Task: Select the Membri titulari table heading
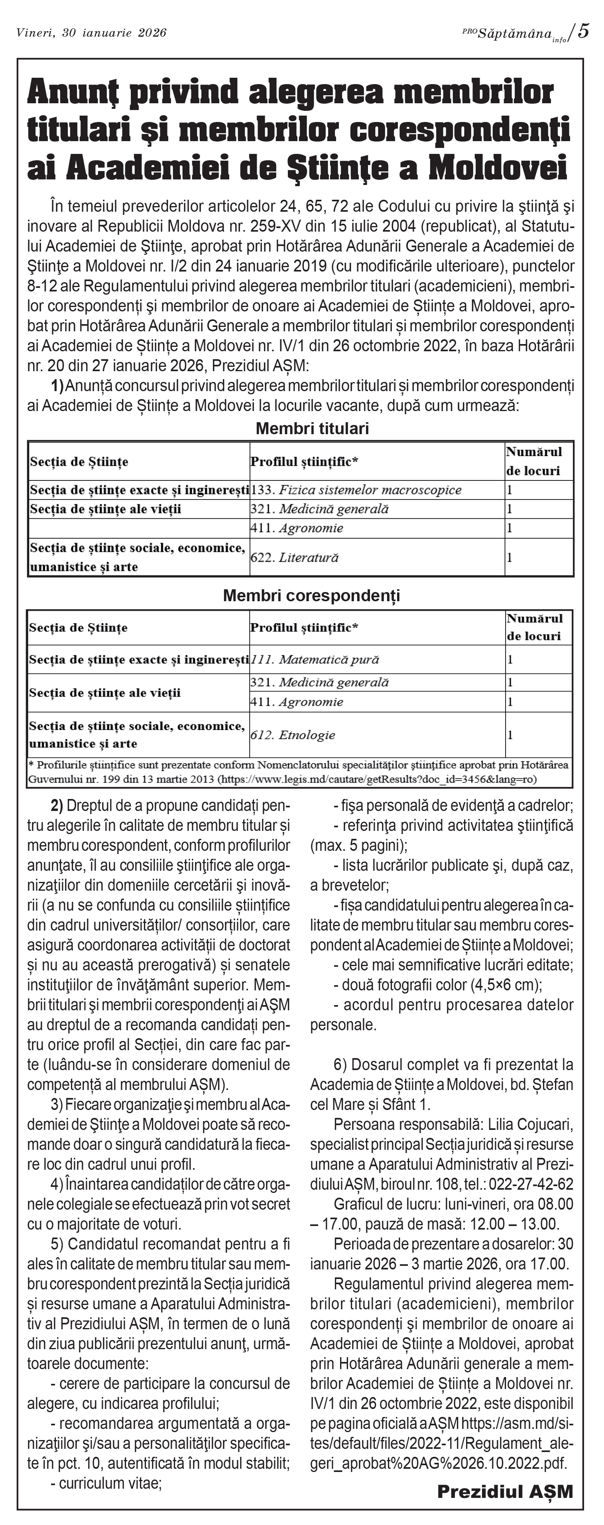pos(312,429)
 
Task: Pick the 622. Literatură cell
pos(295,557)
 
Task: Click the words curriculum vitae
pos(110,1483)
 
